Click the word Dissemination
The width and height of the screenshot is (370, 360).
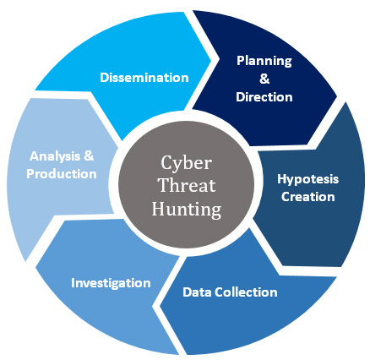click(x=144, y=78)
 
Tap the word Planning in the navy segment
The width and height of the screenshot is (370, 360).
click(x=264, y=61)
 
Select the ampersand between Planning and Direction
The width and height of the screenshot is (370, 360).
click(x=264, y=79)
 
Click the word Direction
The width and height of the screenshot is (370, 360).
click(x=264, y=97)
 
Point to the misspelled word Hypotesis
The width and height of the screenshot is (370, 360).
click(x=308, y=179)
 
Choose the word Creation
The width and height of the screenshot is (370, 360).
click(x=308, y=197)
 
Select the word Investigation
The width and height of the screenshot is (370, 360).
click(x=111, y=283)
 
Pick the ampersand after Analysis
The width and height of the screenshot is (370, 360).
click(x=89, y=155)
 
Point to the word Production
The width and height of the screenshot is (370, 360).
click(x=62, y=174)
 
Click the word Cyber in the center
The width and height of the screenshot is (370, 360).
click(x=186, y=163)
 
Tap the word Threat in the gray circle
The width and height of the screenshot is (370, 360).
click(x=188, y=185)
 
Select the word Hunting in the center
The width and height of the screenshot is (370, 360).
click(x=187, y=210)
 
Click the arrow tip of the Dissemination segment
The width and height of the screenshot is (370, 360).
click(x=211, y=60)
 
